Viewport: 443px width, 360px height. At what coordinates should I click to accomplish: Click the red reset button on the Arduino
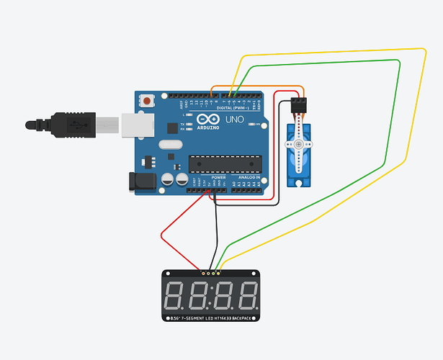(148, 102)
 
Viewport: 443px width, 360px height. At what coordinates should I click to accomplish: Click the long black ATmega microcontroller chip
(224, 163)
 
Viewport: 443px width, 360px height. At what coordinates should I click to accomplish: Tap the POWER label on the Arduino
(219, 176)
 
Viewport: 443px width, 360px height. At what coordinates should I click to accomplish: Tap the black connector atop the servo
(298, 106)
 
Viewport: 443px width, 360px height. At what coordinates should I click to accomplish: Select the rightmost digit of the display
(246, 294)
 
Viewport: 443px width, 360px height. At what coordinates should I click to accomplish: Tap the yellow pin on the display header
(219, 274)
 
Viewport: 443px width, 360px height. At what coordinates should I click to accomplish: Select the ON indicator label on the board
(257, 124)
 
